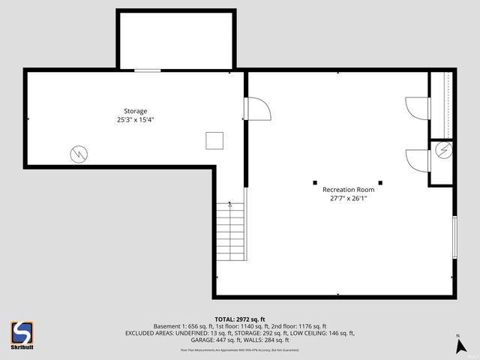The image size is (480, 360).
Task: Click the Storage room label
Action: [136, 111]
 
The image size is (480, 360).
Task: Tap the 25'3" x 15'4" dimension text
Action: [136, 119]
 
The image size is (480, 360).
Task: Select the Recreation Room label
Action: [348, 190]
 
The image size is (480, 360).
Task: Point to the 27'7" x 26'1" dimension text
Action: [348, 199]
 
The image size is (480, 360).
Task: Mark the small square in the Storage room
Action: [214, 140]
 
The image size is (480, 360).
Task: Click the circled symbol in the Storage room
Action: [78, 154]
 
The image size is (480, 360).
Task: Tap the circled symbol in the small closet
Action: [444, 150]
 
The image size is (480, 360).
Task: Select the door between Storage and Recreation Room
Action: [257, 109]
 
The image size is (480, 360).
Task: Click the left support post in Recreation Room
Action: [315, 181]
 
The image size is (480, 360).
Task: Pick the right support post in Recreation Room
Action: [380, 181]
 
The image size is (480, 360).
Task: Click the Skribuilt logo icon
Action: [22, 331]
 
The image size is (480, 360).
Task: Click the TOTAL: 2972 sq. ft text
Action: [240, 319]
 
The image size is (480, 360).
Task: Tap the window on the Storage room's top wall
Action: [147, 70]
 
